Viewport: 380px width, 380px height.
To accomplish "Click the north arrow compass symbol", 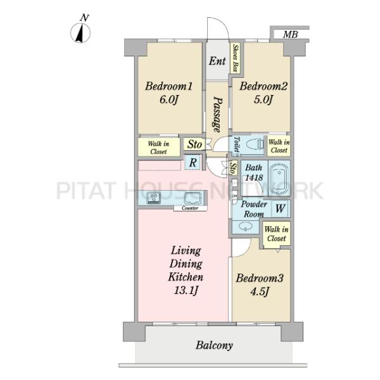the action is tap(80, 32).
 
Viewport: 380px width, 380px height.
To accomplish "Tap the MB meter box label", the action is tap(290, 34).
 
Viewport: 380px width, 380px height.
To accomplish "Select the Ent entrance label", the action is tap(217, 61).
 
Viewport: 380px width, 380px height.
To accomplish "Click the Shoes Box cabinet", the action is tap(235, 58).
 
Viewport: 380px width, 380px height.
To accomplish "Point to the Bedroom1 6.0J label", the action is tap(169, 92).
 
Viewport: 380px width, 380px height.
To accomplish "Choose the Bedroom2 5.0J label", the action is tap(263, 92).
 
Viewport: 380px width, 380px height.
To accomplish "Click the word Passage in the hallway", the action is tap(217, 115).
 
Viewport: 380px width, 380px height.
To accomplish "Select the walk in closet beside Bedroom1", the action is tap(159, 147).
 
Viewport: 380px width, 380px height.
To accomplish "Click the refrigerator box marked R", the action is tap(193, 162).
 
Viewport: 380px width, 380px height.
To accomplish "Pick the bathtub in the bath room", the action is tap(279, 179).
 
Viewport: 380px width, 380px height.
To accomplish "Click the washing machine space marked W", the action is tap(280, 208).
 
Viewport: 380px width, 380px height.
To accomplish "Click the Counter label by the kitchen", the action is tap(190, 208).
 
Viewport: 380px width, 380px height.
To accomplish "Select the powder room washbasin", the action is tap(246, 227).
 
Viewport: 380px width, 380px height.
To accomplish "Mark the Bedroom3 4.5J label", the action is tap(260, 285).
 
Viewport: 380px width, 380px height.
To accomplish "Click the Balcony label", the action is tap(214, 345).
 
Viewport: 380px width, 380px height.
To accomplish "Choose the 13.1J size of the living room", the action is tap(186, 290).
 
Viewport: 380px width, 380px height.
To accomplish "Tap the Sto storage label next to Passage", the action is tap(194, 144).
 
